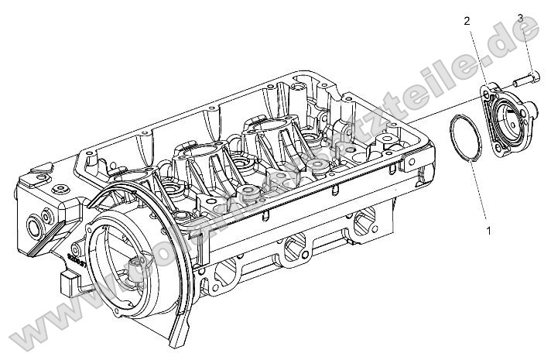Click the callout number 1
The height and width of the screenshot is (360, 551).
[488, 230]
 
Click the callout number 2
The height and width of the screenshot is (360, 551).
[467, 21]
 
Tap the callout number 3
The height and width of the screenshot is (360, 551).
[519, 17]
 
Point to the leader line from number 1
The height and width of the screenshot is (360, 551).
[481, 194]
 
